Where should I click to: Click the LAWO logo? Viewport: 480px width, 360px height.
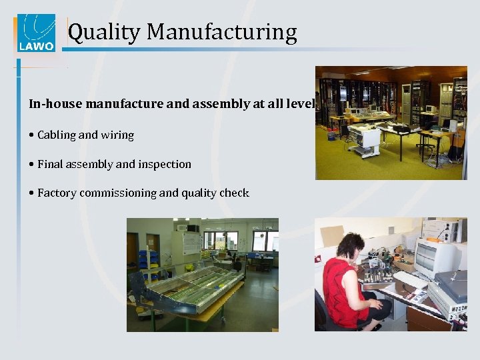point(36,33)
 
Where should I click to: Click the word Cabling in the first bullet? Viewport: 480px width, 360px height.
point(57,135)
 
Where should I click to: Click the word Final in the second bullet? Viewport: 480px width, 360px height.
point(49,164)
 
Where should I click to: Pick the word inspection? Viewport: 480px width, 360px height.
point(165,165)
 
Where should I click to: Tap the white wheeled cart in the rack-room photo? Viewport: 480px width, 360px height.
point(364,139)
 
